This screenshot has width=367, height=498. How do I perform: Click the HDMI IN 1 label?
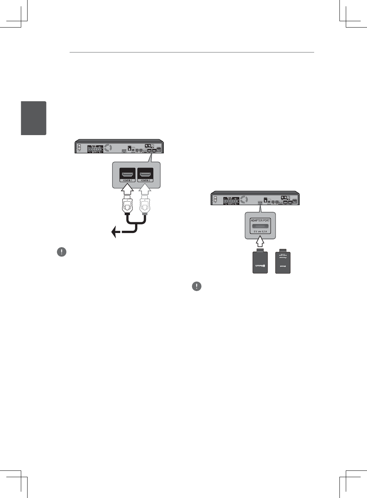coord(127,181)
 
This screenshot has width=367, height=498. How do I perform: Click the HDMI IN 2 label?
coord(145,181)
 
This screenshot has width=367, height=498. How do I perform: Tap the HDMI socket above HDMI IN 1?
coord(127,174)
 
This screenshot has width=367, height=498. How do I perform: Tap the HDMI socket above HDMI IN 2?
coord(145,174)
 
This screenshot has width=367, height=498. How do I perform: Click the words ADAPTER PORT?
coord(260,220)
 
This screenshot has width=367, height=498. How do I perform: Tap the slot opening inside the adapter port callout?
coord(260,226)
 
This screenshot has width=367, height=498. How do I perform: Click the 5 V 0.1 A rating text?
coord(260,232)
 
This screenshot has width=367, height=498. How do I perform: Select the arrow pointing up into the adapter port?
coord(260,242)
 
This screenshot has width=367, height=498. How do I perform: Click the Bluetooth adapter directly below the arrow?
coord(260,262)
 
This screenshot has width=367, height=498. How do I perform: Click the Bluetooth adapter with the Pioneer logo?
coord(283,262)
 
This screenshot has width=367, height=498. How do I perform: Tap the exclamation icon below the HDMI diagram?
coord(61,252)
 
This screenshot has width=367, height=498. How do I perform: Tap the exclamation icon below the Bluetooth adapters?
coord(197,286)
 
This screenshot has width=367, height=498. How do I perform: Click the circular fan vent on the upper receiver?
coord(108,147)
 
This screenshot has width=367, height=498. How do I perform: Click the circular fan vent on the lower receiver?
coord(244,199)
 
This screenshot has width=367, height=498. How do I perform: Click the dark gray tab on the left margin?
coord(34,118)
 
